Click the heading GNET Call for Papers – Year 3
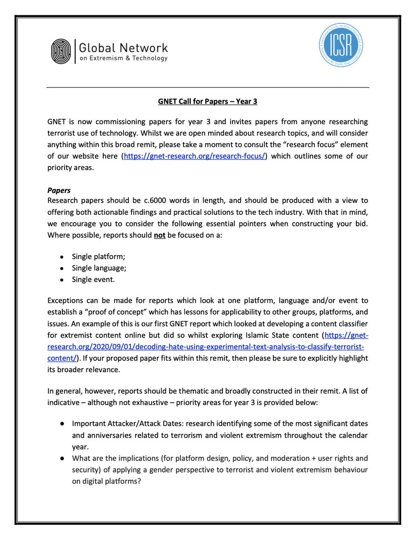[208, 102]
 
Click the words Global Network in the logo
[123, 48]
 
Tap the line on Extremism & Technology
[123, 59]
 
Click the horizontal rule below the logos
[208, 87]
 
